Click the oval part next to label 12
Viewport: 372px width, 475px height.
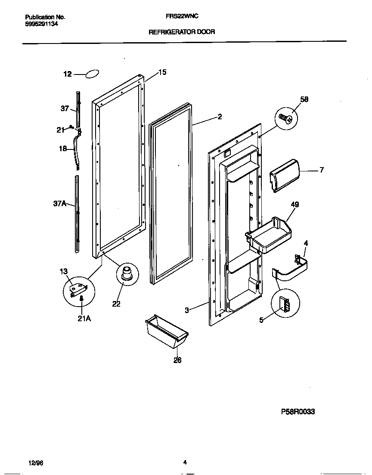(x=93, y=74)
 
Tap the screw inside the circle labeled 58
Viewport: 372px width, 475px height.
(x=286, y=117)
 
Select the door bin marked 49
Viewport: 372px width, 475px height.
(x=269, y=236)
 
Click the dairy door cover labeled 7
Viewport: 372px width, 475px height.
(x=284, y=174)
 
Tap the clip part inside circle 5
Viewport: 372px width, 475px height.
(x=285, y=305)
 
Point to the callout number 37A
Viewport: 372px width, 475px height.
(x=59, y=204)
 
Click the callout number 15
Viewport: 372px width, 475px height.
(x=162, y=72)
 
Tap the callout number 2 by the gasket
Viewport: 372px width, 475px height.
(x=220, y=116)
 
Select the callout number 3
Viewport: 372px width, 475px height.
(x=186, y=310)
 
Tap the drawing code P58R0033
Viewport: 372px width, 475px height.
(x=298, y=412)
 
